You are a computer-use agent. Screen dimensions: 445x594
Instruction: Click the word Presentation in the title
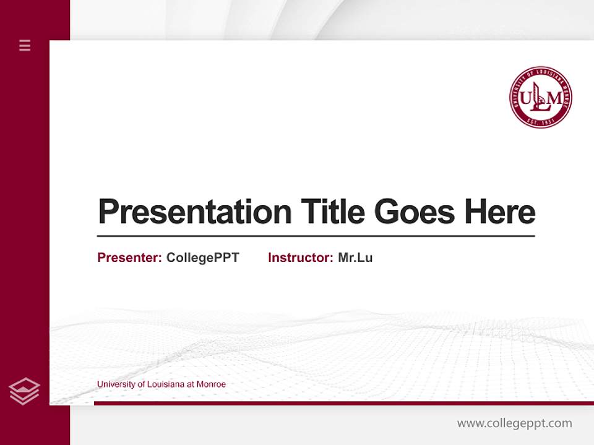pos(194,212)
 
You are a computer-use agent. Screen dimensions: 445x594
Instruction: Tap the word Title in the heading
pos(332,212)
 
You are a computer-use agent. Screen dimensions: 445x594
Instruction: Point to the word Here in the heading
pos(500,212)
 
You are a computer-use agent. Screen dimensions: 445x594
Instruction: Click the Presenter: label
pos(129,258)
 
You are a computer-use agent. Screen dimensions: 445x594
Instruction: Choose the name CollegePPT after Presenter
pos(202,258)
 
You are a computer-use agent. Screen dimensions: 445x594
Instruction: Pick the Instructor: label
pos(300,258)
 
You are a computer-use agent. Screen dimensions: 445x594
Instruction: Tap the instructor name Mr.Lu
pos(355,258)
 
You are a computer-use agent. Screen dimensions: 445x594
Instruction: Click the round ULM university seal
pos(540,97)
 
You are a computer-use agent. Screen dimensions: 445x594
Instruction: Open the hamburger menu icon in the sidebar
pos(25,45)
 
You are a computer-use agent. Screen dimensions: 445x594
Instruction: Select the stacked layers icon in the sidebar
pos(24,391)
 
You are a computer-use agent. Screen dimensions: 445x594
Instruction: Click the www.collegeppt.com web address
pos(514,423)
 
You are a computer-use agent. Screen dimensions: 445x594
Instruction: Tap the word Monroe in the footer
pos(211,384)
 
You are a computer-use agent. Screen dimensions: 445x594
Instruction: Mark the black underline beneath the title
pos(316,236)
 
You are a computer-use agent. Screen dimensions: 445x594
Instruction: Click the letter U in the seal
pos(525,98)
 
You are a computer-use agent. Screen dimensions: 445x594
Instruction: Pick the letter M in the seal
pos(555,98)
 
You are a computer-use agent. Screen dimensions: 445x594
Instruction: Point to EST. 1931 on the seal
pos(540,121)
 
